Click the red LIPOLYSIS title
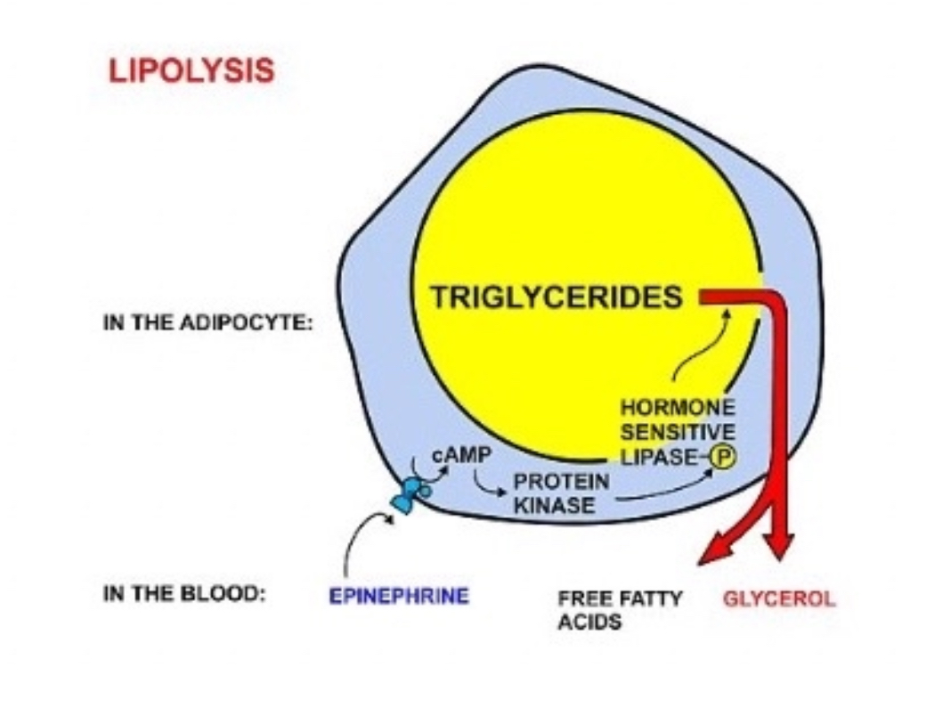click(191, 71)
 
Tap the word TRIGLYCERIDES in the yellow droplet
click(557, 297)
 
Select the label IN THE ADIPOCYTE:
click(208, 324)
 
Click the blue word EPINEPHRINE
click(398, 596)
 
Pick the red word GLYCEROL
click(779, 598)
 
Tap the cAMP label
click(460, 455)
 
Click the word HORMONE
click(678, 409)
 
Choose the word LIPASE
click(662, 458)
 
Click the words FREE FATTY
click(619, 598)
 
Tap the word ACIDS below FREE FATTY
click(589, 622)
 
